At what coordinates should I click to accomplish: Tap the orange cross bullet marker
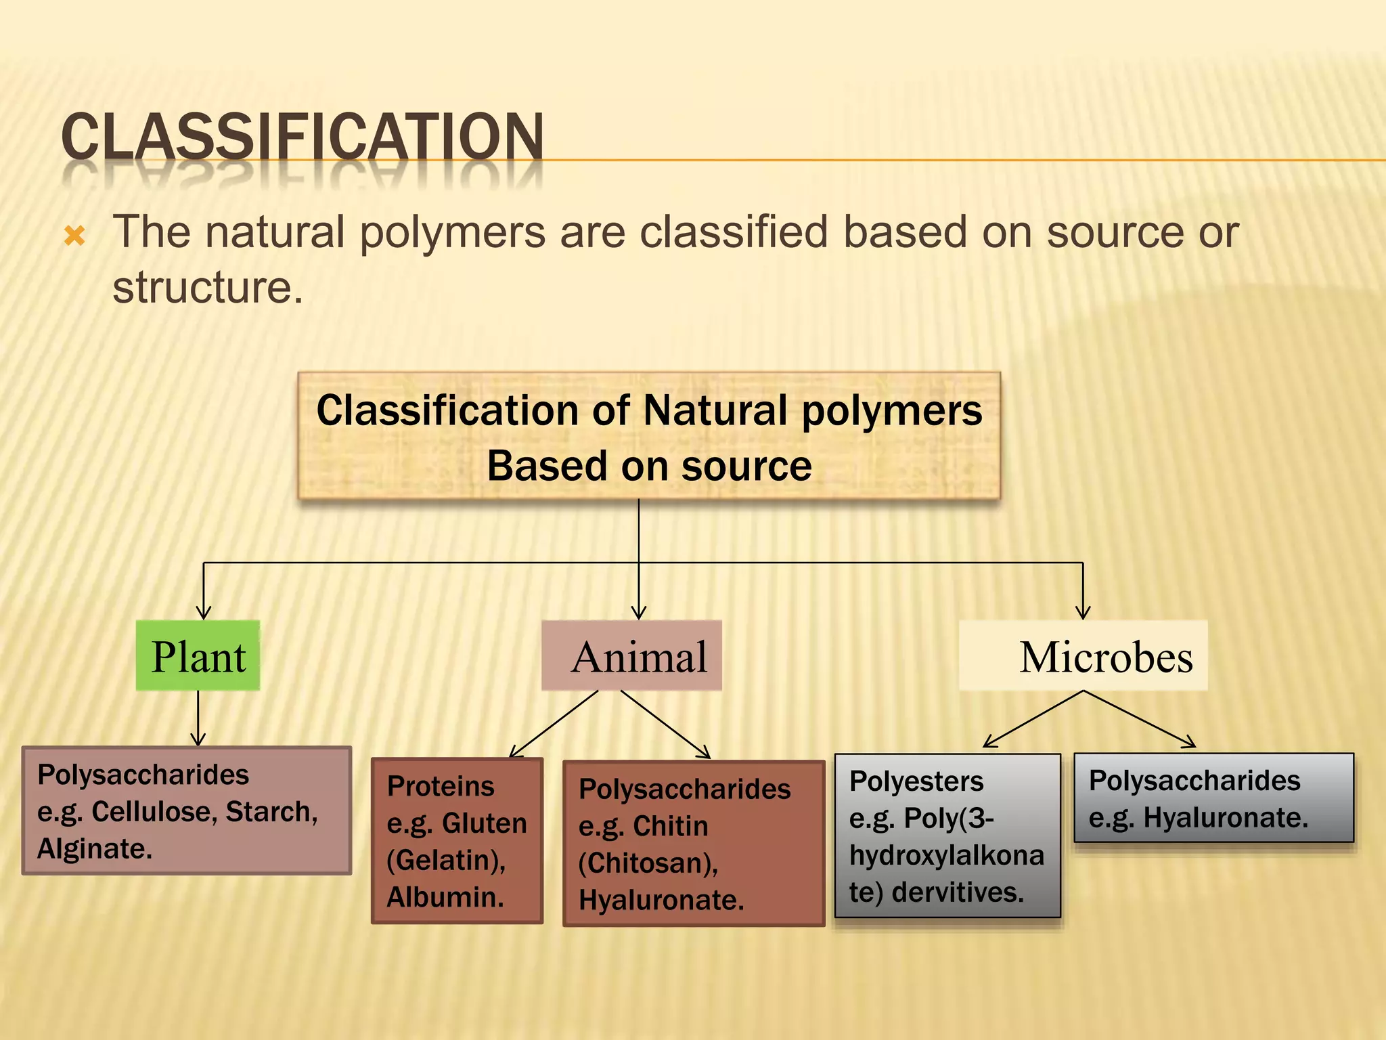(74, 236)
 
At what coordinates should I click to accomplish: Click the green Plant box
(198, 655)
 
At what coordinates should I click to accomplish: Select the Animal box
(631, 655)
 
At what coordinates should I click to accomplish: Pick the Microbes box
(1083, 655)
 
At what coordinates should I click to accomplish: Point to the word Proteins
(440, 786)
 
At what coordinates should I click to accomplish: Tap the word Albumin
(444, 897)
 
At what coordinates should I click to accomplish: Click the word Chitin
(670, 826)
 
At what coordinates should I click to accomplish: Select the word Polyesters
(916, 781)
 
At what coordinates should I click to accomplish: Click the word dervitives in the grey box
(957, 892)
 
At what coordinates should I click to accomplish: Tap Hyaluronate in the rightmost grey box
(1224, 818)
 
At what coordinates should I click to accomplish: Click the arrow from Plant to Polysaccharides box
(198, 719)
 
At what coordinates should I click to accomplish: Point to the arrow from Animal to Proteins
(553, 724)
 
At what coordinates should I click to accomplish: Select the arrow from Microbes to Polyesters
(1033, 719)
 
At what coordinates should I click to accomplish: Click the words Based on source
(649, 466)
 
